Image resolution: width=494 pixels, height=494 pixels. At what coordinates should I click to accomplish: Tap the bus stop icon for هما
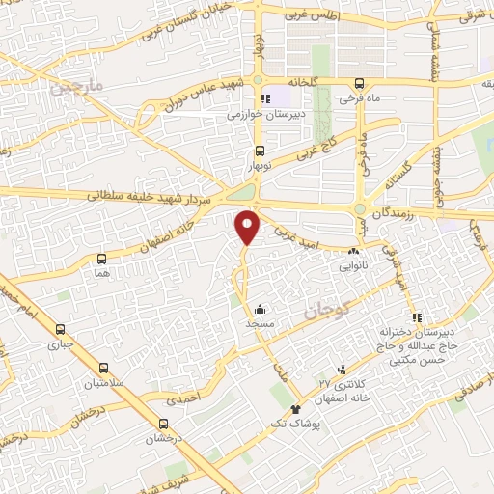coord(101,260)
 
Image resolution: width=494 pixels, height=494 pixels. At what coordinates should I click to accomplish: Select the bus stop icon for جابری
coord(61,328)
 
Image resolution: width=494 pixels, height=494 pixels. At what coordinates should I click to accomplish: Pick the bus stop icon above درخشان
coord(163,424)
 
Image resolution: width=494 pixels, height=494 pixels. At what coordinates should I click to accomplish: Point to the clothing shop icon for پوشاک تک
coord(283,410)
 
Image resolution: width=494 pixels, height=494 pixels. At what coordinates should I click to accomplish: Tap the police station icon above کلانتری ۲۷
coord(342,370)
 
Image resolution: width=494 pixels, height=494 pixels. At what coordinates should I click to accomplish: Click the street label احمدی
coord(184,397)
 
